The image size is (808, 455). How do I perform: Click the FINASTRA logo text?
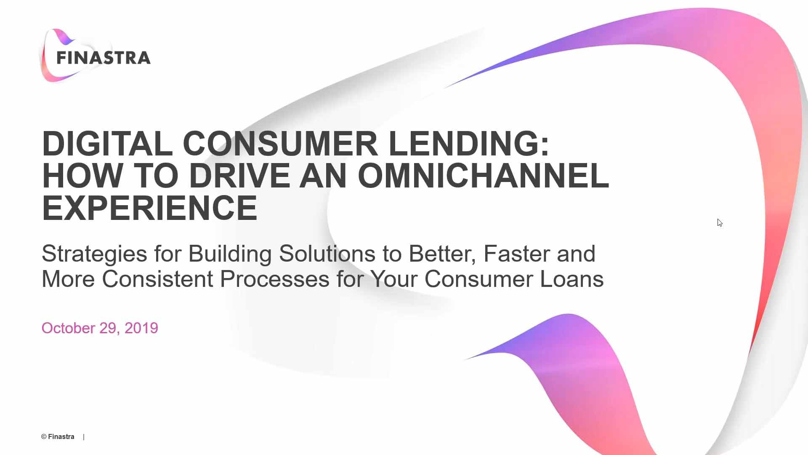click(104, 58)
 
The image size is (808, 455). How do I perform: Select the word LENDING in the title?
click(469, 144)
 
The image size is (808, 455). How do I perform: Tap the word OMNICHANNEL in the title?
click(483, 176)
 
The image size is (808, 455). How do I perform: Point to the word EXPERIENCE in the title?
click(149, 208)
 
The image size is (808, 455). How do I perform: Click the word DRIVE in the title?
click(239, 176)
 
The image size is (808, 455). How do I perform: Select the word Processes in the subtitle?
click(274, 279)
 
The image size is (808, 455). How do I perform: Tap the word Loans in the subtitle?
click(571, 279)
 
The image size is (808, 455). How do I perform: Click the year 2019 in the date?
click(141, 328)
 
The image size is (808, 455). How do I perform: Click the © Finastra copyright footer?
click(58, 436)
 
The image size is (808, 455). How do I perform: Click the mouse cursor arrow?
click(720, 222)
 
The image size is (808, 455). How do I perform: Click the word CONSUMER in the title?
click(280, 144)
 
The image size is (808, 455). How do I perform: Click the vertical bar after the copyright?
click(84, 437)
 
